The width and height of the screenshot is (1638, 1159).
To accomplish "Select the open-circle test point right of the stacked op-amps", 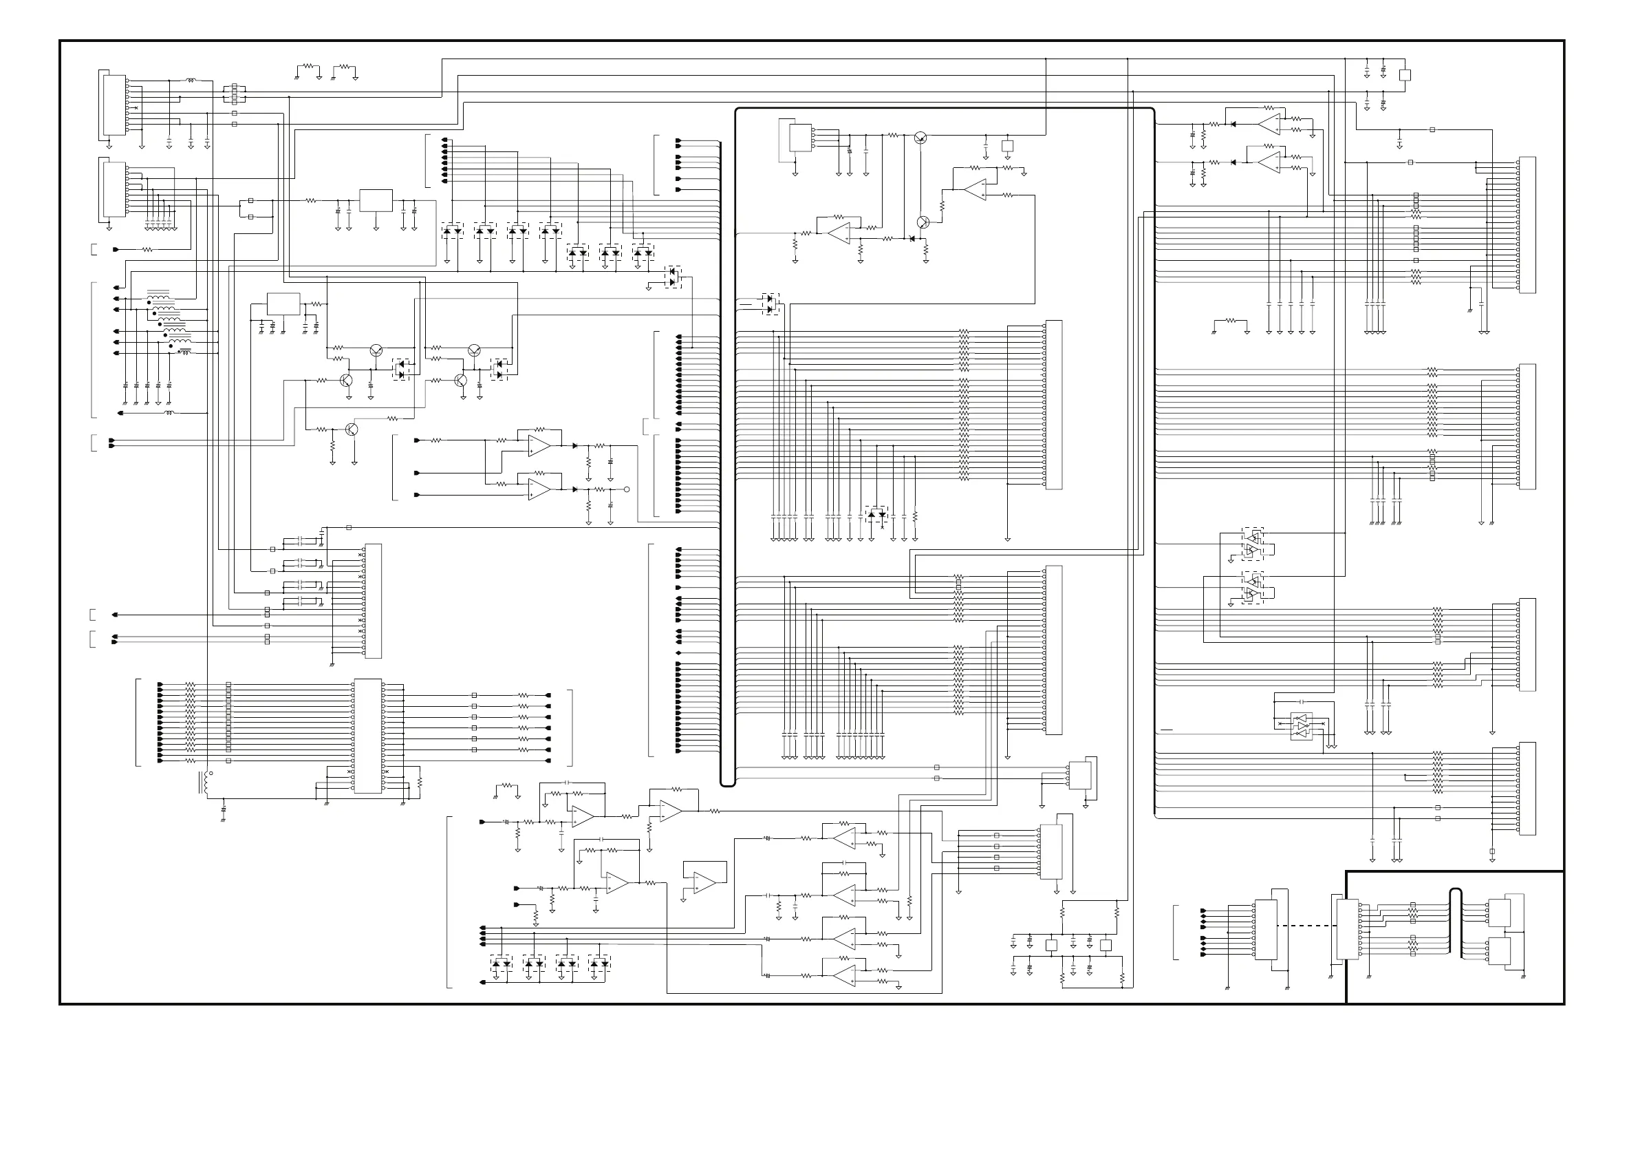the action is pyautogui.click(x=627, y=489).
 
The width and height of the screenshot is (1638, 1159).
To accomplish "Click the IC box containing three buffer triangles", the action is pyautogui.click(x=1302, y=727).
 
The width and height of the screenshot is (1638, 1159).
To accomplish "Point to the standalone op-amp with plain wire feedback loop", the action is pyautogui.click(x=704, y=882).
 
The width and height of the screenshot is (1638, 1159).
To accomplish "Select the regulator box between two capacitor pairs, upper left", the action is pyautogui.click(x=376, y=200).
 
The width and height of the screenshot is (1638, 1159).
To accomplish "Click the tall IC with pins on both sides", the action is pyautogui.click(x=367, y=736).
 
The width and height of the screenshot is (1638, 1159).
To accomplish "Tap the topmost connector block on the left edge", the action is pyautogui.click(x=114, y=105).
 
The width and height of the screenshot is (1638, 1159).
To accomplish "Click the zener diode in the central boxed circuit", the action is pyautogui.click(x=912, y=238).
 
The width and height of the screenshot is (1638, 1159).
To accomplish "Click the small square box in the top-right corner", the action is pyautogui.click(x=1405, y=75).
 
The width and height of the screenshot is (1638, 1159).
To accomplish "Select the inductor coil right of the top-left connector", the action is pyautogui.click(x=191, y=81).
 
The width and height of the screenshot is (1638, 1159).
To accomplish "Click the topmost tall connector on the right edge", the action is pyautogui.click(x=1527, y=224).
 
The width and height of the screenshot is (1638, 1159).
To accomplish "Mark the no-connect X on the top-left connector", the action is pyautogui.click(x=136, y=108).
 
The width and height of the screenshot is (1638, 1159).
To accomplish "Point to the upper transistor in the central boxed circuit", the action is pyautogui.click(x=920, y=138).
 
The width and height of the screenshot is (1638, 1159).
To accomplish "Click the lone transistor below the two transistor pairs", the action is pyautogui.click(x=351, y=429).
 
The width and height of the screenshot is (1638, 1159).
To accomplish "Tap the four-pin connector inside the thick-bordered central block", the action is pyautogui.click(x=802, y=138).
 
